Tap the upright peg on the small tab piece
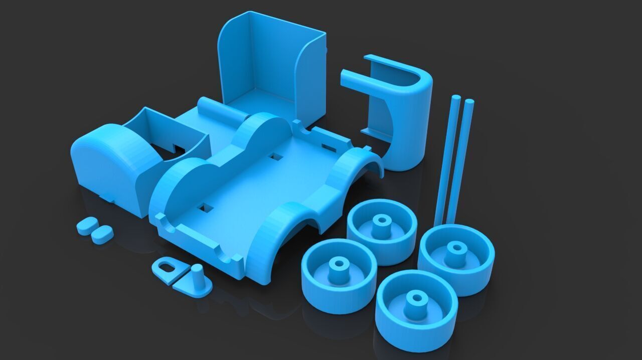pos(197,275)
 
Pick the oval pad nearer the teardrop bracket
pos(102,234)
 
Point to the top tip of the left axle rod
pos(456,97)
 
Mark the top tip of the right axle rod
pos(469,102)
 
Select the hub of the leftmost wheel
pos(339,263)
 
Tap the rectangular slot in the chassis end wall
pos(329,147)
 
